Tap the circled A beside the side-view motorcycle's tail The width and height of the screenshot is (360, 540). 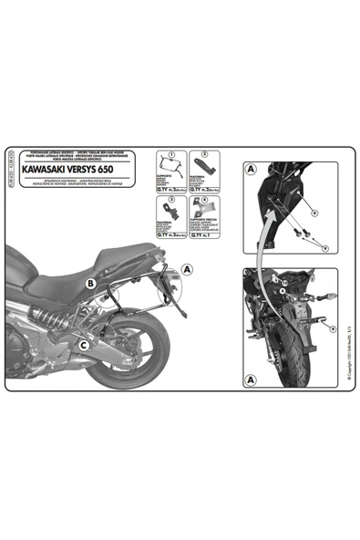tap(188, 269)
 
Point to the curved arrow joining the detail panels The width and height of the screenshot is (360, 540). tap(265, 255)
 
